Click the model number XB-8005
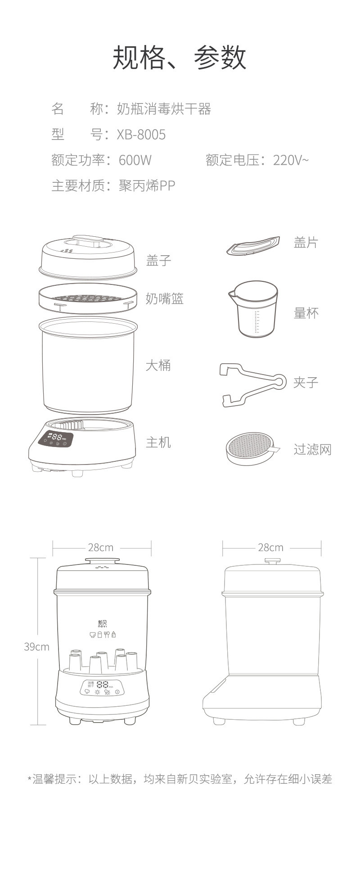(141, 135)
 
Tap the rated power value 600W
(135, 160)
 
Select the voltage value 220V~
(291, 160)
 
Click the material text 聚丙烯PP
(147, 185)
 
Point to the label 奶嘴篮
(165, 298)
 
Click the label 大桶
(158, 365)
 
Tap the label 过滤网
(312, 449)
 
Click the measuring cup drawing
(253, 309)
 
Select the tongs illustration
(252, 384)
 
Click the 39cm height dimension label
(36, 647)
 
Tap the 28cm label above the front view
(101, 547)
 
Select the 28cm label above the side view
(270, 547)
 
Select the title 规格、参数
(180, 58)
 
